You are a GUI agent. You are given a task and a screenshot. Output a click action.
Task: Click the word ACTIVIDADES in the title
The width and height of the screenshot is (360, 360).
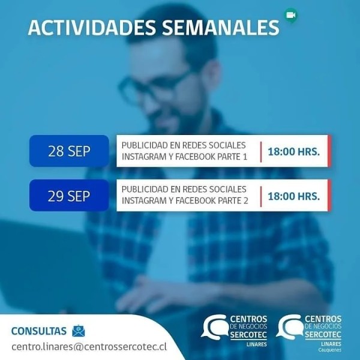(x=92, y=28)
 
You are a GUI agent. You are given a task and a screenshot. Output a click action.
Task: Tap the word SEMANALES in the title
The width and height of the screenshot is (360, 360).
(x=220, y=28)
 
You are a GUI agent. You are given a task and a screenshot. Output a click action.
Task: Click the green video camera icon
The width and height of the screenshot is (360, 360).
(x=291, y=15)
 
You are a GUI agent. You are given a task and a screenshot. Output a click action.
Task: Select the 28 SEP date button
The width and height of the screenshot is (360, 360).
(x=69, y=151)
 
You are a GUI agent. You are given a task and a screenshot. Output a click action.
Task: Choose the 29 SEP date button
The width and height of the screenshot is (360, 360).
(x=69, y=196)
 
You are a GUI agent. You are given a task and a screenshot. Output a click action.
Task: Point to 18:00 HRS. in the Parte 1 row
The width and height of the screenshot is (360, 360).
(x=294, y=152)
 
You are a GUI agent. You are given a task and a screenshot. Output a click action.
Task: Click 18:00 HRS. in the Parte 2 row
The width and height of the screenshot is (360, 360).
(x=294, y=196)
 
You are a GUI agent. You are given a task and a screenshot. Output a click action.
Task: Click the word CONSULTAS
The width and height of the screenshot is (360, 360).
(x=39, y=331)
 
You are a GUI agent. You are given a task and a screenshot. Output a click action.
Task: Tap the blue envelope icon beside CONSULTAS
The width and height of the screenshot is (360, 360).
(x=79, y=331)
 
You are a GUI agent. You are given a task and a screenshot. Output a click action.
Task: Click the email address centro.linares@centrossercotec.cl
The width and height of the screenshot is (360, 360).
(x=89, y=347)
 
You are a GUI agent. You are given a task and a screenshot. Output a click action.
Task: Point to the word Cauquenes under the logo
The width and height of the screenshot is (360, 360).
(x=329, y=350)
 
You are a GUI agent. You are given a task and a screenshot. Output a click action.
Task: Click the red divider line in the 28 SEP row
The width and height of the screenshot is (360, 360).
(x=261, y=152)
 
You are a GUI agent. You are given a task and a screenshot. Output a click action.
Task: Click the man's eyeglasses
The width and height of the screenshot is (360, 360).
(x=154, y=86)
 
